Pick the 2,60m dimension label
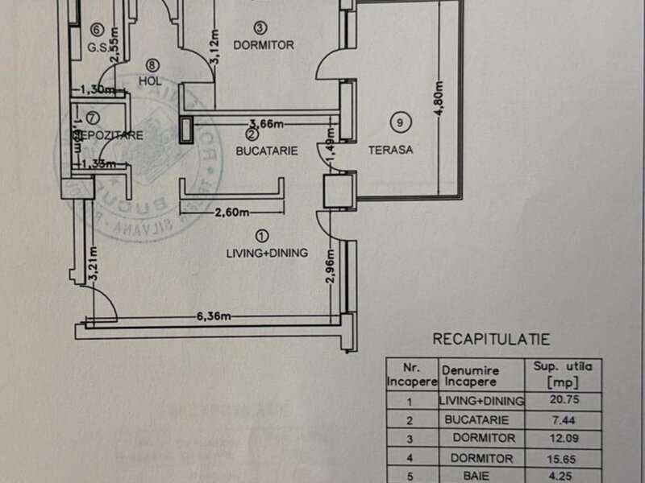[231, 214]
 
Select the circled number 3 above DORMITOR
[259, 27]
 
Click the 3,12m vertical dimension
[215, 50]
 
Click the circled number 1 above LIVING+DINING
[261, 236]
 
